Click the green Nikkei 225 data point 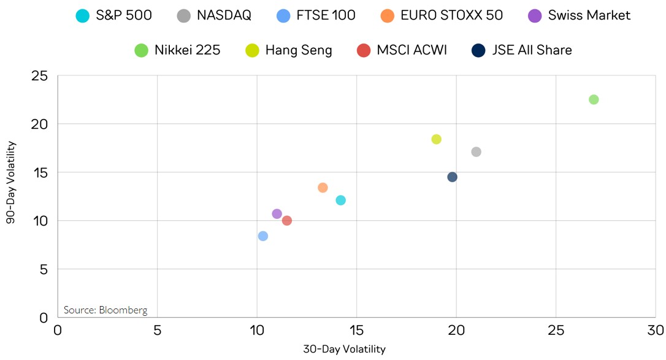coord(594,99)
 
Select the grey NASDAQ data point coord(476,151)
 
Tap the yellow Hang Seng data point coord(436,139)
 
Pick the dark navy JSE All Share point coord(452,177)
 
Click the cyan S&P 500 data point coord(340,200)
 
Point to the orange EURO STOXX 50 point coord(323,188)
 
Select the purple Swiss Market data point coord(277,213)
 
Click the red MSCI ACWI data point coord(286,220)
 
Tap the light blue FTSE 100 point coord(263,236)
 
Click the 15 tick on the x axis coord(357,331)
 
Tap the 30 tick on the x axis coord(656,331)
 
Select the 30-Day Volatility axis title coord(344,350)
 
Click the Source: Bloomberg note coord(105,310)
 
